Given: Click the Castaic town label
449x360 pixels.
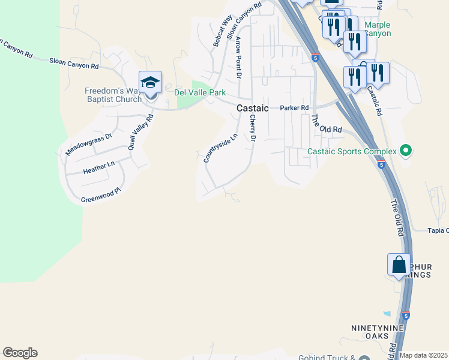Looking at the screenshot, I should click(x=253, y=108).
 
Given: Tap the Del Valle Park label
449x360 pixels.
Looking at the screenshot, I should click(x=200, y=93).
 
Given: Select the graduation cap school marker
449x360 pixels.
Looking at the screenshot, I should click(x=150, y=83).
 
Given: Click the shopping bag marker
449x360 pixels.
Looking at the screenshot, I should click(x=399, y=264).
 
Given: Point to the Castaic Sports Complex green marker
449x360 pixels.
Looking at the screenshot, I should click(x=406, y=151).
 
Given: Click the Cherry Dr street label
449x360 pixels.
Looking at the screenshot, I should click(x=253, y=129).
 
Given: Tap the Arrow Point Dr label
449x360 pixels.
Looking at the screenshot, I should click(x=238, y=58).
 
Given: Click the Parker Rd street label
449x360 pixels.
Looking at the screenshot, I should click(x=294, y=108).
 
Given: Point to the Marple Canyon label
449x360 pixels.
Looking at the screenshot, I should click(x=378, y=29).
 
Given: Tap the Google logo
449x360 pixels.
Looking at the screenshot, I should click(x=20, y=353).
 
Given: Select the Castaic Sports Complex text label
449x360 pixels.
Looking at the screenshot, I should click(x=352, y=152).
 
